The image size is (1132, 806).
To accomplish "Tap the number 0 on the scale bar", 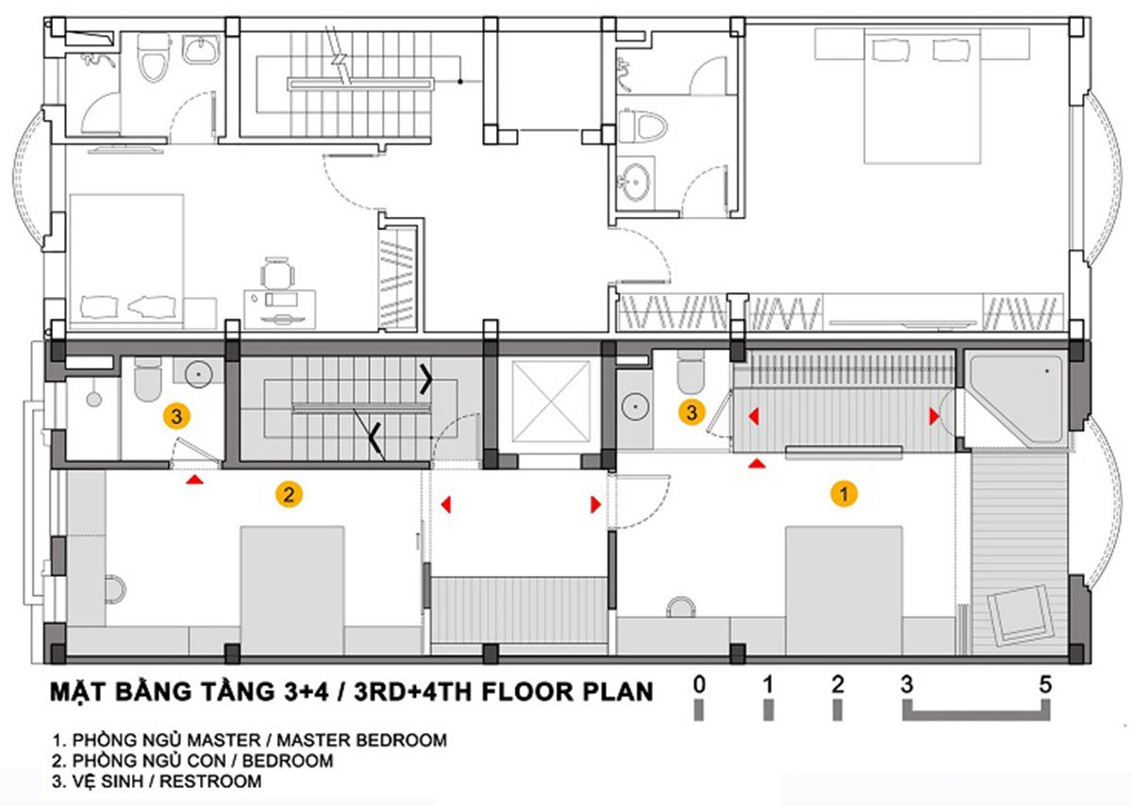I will pyautogui.click(x=698, y=684).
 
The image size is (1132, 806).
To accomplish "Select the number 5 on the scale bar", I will pyautogui.click(x=1045, y=684).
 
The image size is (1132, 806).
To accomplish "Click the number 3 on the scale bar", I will pyautogui.click(x=907, y=684).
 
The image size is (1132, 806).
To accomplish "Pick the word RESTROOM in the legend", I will pyautogui.click(x=211, y=781).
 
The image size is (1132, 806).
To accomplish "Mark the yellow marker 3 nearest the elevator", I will pyautogui.click(x=692, y=412).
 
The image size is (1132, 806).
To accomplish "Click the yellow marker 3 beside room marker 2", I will pyautogui.click(x=174, y=413).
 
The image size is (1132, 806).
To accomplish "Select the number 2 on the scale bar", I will pyautogui.click(x=837, y=684).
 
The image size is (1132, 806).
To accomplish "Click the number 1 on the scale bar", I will pyautogui.click(x=768, y=684).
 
